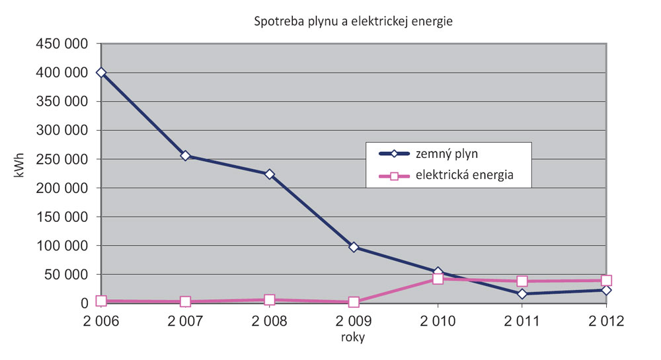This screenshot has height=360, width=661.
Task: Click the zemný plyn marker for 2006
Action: (101, 73)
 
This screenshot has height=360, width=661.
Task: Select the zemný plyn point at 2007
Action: (185, 156)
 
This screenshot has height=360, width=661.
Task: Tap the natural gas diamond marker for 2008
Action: (269, 174)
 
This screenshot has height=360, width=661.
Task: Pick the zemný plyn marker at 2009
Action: (354, 247)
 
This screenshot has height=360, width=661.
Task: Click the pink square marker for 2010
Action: (438, 279)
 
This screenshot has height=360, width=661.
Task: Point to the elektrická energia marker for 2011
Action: (522, 281)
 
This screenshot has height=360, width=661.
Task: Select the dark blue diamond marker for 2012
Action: (606, 290)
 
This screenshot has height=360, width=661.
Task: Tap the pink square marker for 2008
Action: (269, 300)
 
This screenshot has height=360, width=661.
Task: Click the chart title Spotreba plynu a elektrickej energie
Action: (353, 21)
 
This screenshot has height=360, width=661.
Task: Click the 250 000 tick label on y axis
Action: (63, 159)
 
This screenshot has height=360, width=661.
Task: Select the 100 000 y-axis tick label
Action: (63, 246)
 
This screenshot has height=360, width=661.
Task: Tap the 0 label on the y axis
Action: (85, 304)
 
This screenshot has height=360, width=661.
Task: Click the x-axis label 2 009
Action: (354, 322)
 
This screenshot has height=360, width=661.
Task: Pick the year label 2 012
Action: (606, 322)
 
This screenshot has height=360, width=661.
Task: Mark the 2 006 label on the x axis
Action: (101, 322)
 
